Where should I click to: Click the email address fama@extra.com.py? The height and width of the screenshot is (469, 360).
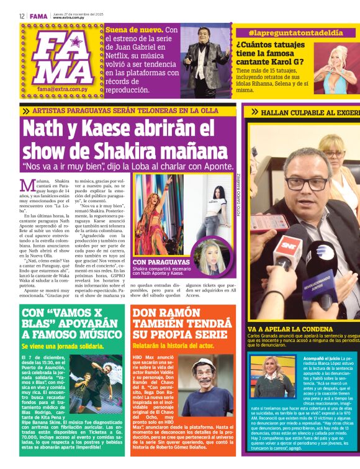pyautogui.click(x=63, y=89)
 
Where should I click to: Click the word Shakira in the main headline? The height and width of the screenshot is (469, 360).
pyautogui.click(x=126, y=150)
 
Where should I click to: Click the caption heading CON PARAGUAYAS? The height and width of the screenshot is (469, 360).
pyautogui.click(x=161, y=262)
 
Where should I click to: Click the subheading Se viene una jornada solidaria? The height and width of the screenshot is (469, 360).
pyautogui.click(x=63, y=345)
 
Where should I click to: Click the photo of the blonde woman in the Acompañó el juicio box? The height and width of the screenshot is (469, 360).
pyautogui.click(x=274, y=378)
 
